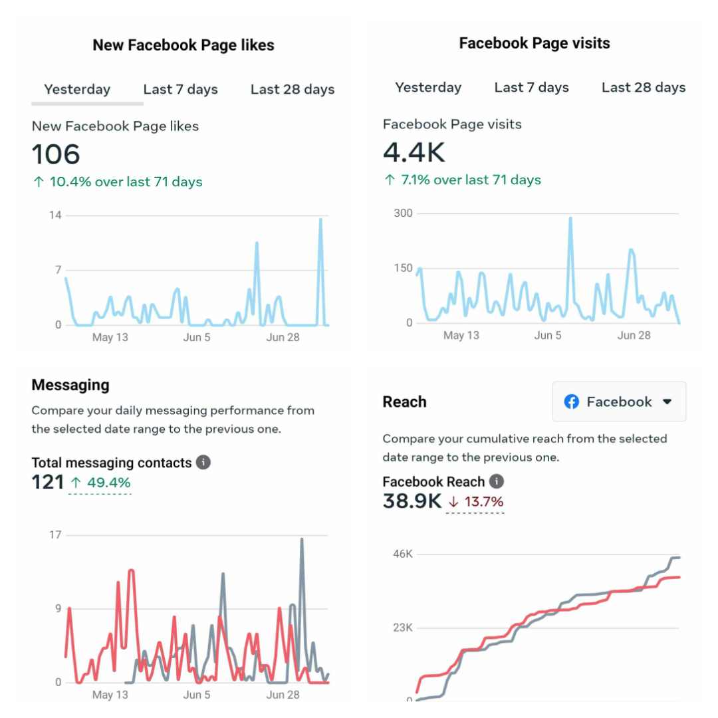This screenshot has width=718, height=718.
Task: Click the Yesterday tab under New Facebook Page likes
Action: click(77, 90)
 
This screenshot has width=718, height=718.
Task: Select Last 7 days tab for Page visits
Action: click(531, 88)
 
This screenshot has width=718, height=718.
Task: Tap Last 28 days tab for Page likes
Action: click(292, 90)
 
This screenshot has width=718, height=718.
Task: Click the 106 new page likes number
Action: click(56, 154)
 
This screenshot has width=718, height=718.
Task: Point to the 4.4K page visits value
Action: click(414, 152)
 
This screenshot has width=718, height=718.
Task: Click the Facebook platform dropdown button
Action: click(619, 402)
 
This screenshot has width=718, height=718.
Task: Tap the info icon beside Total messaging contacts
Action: click(203, 462)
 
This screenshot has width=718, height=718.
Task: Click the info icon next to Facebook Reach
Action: click(496, 481)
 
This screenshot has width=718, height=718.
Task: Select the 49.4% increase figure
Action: click(101, 483)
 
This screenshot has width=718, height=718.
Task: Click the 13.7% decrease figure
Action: click(476, 502)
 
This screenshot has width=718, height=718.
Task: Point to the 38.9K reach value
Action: click(412, 501)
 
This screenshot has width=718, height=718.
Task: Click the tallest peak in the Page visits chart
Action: click(570, 219)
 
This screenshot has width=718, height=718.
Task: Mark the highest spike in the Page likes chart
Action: click(320, 220)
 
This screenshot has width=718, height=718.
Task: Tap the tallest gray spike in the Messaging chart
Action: click(302, 540)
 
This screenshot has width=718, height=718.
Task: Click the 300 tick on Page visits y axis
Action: click(404, 213)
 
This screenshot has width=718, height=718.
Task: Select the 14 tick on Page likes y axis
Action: click(55, 215)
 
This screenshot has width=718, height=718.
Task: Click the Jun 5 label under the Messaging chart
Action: click(197, 695)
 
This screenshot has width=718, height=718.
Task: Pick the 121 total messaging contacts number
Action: click(48, 482)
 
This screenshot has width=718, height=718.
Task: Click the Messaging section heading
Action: click(70, 385)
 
